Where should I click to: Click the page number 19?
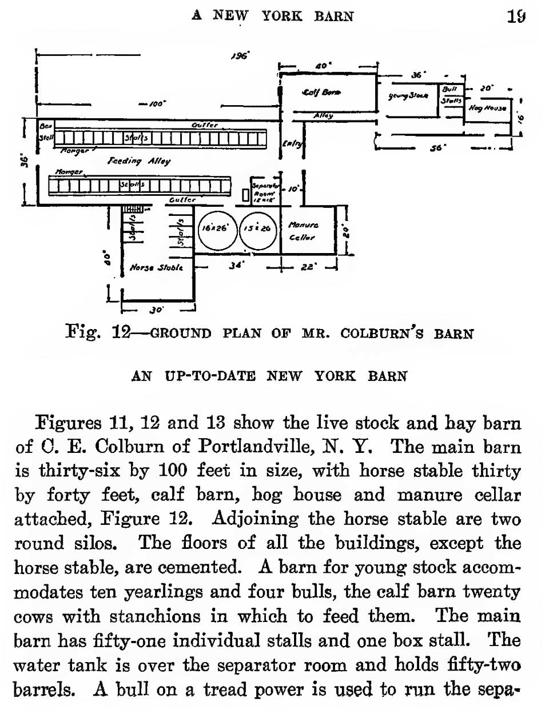(516, 15)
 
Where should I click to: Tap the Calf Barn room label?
(321, 93)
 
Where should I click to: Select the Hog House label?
(487, 107)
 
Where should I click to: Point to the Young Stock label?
(408, 95)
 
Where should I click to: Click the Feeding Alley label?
(139, 161)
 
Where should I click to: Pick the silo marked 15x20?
(258, 228)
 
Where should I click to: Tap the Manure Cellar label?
(302, 231)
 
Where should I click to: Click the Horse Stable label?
(156, 267)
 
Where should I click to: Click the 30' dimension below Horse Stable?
(156, 310)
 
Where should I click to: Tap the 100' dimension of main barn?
(156, 104)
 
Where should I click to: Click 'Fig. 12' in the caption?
(98, 332)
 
